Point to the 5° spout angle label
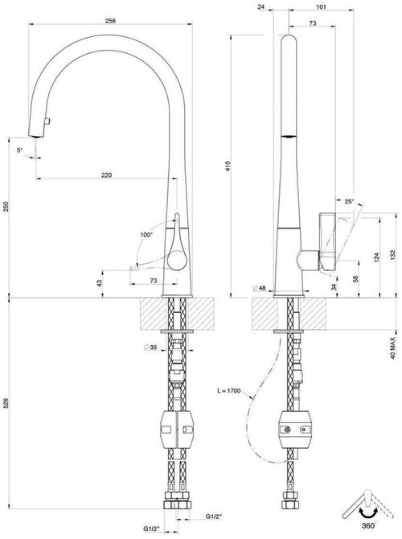[20, 150]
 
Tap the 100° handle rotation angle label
[145, 235]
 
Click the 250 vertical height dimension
[8, 207]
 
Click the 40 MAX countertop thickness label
[392, 342]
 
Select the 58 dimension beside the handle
[354, 278]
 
